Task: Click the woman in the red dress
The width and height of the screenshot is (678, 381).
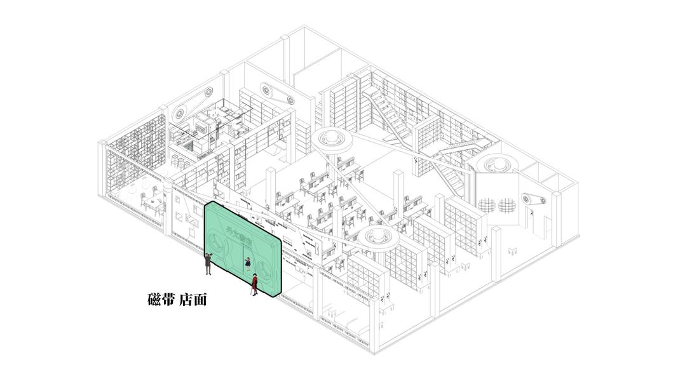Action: pyautogui.click(x=254, y=284)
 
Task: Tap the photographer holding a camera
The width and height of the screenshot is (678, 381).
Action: pyautogui.click(x=208, y=263)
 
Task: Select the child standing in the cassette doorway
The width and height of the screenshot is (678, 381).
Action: pyautogui.click(x=248, y=262)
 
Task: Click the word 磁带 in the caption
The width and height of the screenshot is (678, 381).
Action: pyautogui.click(x=161, y=299)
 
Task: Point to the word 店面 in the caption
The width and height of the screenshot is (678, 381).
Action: pyautogui.click(x=193, y=299)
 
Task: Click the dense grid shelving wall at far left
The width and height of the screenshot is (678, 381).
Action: pyautogui.click(x=135, y=154)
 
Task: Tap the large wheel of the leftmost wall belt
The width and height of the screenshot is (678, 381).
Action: pyautogui.click(x=179, y=114)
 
